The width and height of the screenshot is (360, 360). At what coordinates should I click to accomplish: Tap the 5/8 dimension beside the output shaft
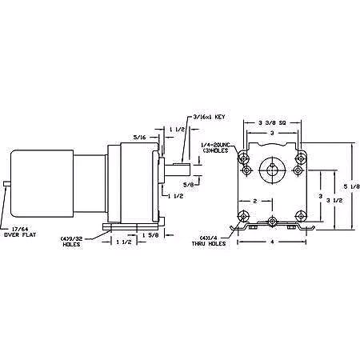coord(189,186)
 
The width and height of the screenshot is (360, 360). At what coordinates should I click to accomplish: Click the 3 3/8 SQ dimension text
coord(274,122)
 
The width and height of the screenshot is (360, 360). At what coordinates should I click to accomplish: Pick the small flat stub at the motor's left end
coord(6,185)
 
